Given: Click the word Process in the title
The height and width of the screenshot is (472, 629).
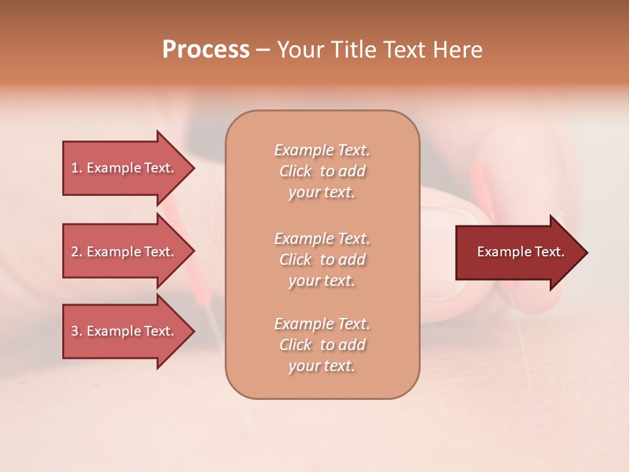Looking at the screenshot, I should (206, 50).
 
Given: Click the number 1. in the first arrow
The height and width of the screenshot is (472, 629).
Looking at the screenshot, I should (77, 168).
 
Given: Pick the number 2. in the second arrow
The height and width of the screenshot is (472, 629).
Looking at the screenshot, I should (77, 252).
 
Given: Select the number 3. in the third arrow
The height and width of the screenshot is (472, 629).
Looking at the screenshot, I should (77, 332).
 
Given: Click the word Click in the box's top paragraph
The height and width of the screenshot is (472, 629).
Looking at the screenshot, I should (295, 172).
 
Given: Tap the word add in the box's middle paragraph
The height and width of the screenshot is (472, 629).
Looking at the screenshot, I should (353, 260).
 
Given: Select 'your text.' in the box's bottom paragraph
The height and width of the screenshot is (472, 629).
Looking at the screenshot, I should (322, 366).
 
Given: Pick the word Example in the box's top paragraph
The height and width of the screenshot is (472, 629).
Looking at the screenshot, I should (303, 151).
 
